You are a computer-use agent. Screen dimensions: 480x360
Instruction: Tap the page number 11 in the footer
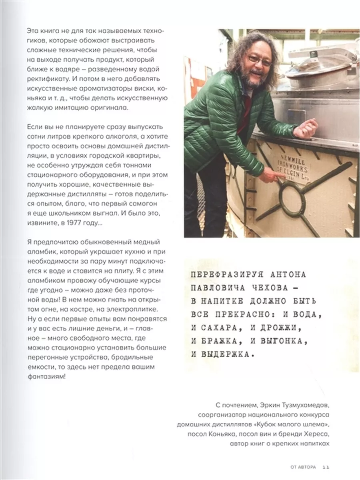pyautogui.click(x=325, y=467)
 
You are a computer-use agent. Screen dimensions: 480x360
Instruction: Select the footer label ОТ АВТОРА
pyautogui.click(x=303, y=467)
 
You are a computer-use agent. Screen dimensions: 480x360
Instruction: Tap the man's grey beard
pyautogui.click(x=252, y=78)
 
